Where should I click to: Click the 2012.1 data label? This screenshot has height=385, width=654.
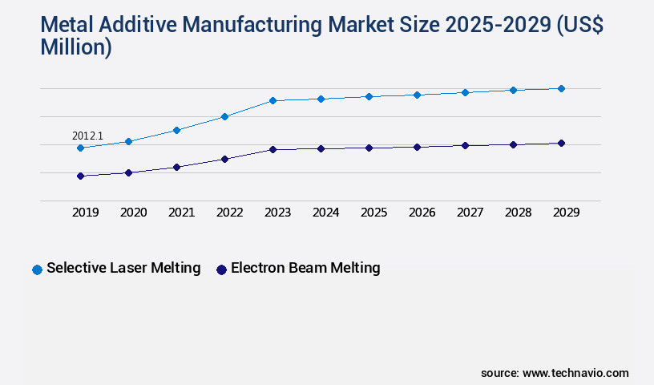coord(87,136)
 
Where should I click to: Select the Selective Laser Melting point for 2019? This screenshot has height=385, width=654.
coord(80,148)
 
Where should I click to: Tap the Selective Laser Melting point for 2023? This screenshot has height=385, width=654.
coord(272,100)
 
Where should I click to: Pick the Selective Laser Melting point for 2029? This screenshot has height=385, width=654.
coord(561,88)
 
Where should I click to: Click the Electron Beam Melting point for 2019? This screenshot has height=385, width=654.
coord(80,176)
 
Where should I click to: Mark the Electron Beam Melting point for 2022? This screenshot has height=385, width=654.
coord(224,159)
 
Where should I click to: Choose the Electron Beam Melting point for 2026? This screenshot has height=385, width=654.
coord(417,147)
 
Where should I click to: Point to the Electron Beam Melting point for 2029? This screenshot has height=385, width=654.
coord(561,143)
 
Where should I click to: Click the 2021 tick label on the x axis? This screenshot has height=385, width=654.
coord(181,213)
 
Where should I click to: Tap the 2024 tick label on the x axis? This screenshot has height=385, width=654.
coord(325,213)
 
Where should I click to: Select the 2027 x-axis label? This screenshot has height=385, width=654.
coord(470,213)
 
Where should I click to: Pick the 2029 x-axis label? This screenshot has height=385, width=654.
coord(566,213)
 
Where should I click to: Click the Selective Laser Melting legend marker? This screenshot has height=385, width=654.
coord(37,269)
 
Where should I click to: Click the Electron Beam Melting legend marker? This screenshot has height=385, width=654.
coord(221,269)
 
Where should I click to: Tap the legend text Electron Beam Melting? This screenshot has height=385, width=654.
coord(305,268)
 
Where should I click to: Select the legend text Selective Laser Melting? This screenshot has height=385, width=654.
coord(123,268)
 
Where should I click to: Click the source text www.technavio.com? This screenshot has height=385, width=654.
coord(575,373)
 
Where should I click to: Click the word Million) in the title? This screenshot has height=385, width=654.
coord(76,48)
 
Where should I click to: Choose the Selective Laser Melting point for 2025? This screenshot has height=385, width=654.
coord(369,96)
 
